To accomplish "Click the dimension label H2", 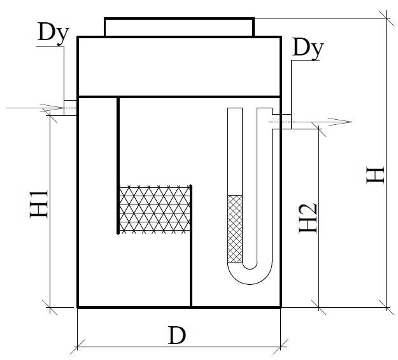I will point(308,217).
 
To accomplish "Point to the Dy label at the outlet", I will point(308,49).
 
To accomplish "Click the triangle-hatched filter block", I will point(155,210).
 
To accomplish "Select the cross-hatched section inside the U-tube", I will point(235,228).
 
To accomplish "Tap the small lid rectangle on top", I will point(179,27).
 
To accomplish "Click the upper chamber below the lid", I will point(179,66).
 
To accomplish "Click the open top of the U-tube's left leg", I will point(235,111).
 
